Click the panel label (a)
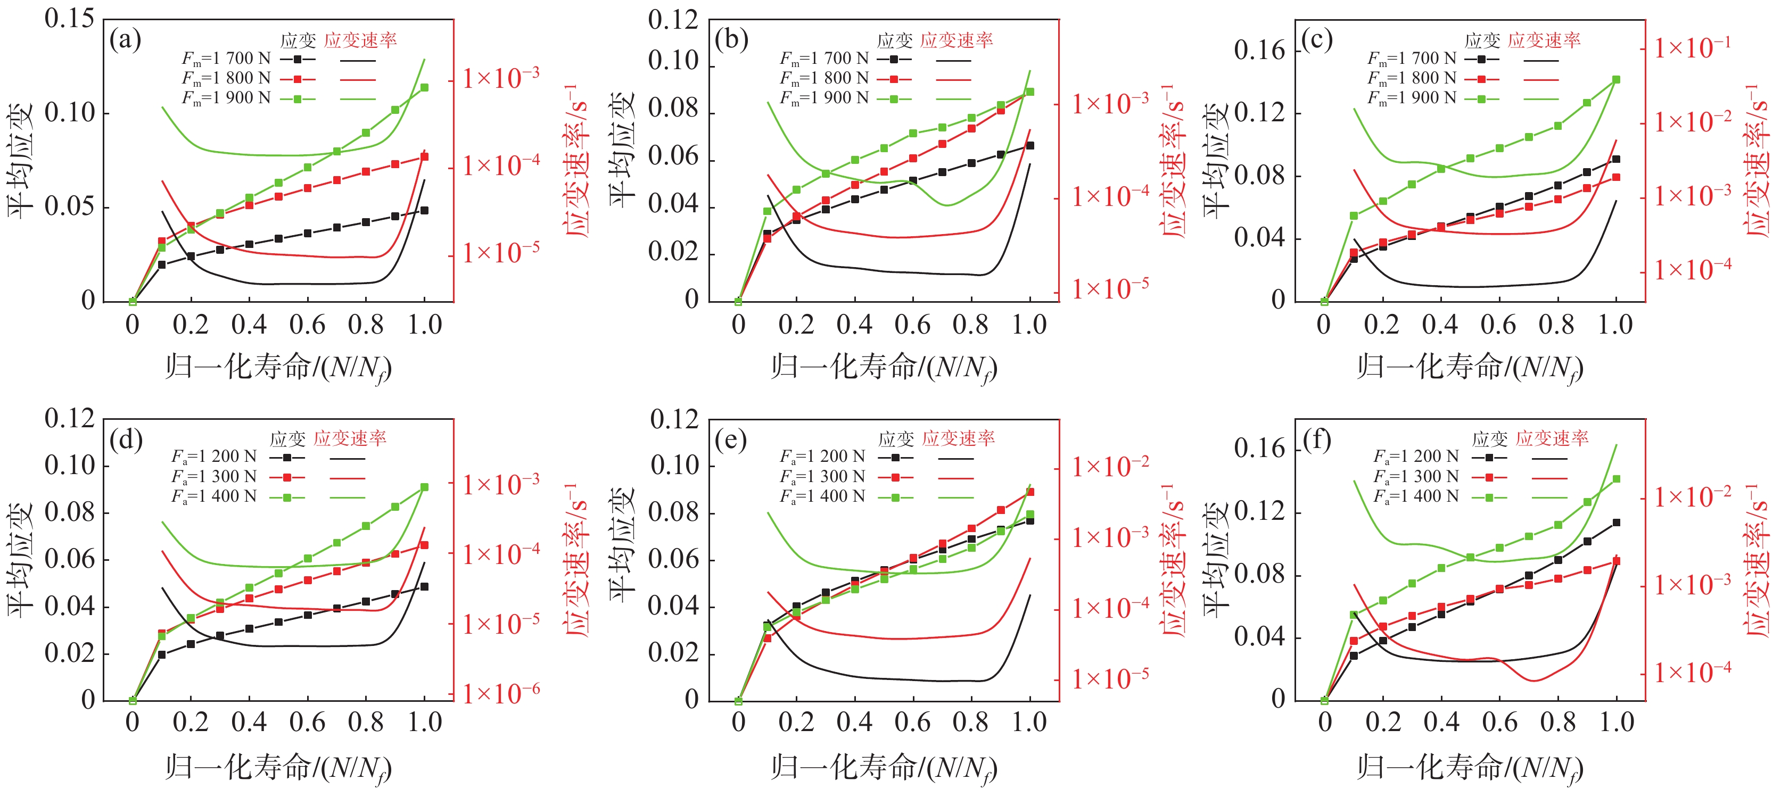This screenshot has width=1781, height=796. tap(125, 39)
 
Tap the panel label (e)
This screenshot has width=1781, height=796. tap(731, 439)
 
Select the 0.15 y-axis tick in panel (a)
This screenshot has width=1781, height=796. tap(69, 19)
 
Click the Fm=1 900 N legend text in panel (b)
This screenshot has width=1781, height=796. tap(824, 98)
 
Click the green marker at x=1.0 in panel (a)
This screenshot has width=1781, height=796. tap(425, 88)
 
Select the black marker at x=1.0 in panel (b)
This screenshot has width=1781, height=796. tap(1030, 146)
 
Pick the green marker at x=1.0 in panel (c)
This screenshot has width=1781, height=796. tap(1617, 79)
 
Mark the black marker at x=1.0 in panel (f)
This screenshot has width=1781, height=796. tap(1617, 523)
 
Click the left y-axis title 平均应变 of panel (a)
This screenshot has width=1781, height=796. tap(21, 160)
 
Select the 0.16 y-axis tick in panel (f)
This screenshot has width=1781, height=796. tap(1260, 449)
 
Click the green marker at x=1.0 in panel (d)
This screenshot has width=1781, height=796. tap(425, 487)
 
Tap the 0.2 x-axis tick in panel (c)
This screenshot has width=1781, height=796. tap(1382, 325)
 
